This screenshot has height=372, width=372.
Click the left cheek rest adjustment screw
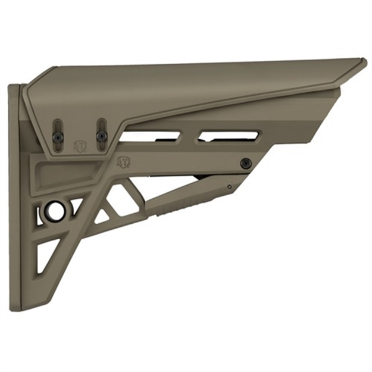(x=58, y=136)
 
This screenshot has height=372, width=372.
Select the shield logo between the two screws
(x=79, y=146)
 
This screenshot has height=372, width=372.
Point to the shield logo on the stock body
(x=123, y=161)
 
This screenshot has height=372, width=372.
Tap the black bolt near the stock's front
(x=245, y=163)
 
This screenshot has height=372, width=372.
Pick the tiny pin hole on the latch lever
(x=229, y=186)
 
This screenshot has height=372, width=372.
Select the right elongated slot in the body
(x=229, y=136)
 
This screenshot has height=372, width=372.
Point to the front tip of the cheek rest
(x=362, y=62)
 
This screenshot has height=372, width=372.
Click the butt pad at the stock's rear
(x=14, y=196)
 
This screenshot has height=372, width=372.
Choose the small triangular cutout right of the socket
(x=77, y=206)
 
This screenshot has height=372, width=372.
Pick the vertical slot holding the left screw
(x=58, y=131)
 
